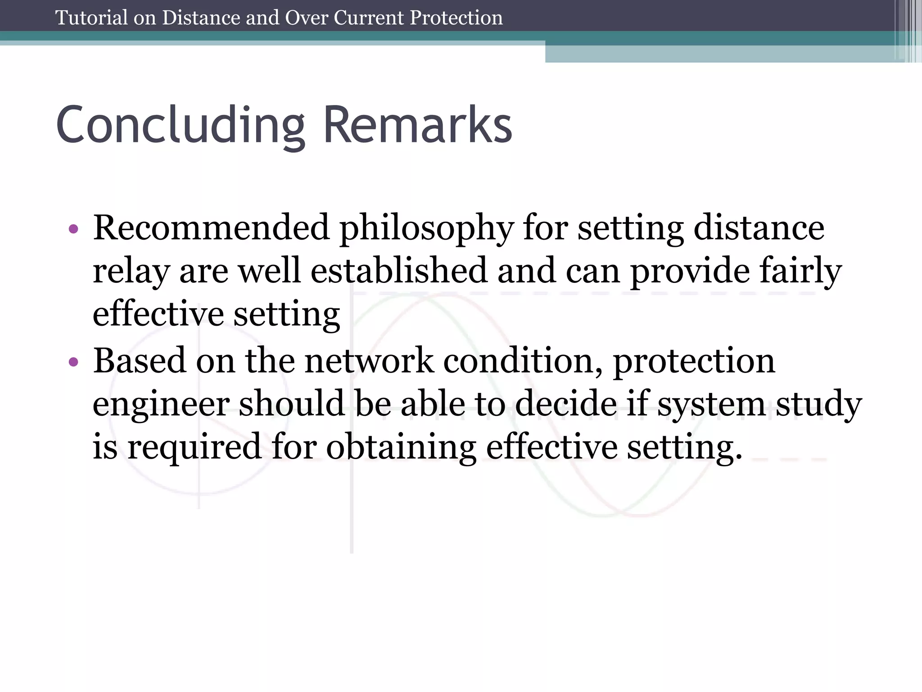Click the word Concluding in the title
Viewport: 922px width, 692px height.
(x=181, y=125)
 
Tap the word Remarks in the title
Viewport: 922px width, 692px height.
(x=417, y=125)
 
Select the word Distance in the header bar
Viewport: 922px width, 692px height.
(x=201, y=18)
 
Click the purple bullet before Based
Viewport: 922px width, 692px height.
(x=73, y=362)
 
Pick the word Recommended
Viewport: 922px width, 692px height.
(x=211, y=228)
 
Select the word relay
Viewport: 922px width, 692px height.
(x=131, y=272)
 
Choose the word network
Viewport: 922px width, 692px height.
(x=369, y=360)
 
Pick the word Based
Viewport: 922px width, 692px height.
(x=139, y=360)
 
